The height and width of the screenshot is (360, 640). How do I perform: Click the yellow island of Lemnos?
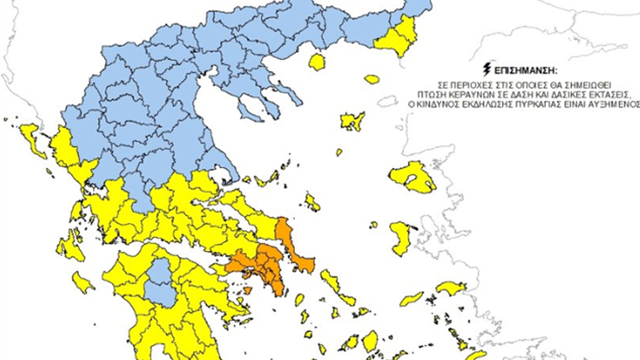tap(352, 121)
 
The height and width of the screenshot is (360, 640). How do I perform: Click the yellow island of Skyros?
tap(312, 201)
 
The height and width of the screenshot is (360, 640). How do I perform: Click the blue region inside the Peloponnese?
tap(159, 282)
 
